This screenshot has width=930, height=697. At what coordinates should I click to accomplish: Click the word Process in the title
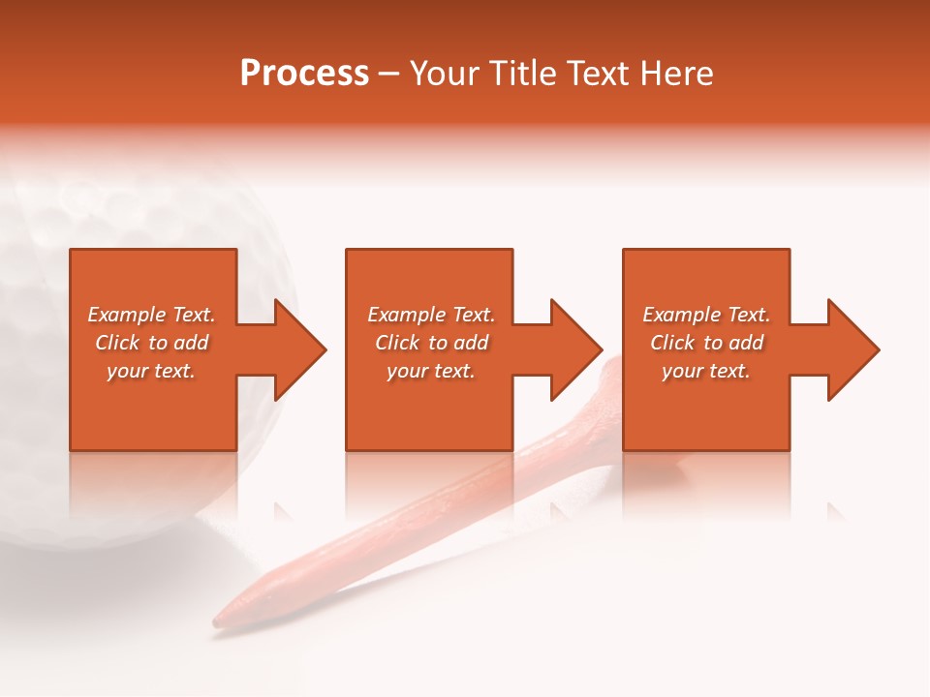[x=304, y=74]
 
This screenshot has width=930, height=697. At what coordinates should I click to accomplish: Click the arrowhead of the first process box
[x=301, y=349]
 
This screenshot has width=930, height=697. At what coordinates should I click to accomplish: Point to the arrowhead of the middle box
[x=577, y=349]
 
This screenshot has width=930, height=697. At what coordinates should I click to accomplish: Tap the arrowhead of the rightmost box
[x=854, y=349]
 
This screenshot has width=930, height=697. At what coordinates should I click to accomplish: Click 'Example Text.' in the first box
[x=151, y=315]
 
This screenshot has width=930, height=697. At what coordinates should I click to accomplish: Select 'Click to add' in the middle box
[x=431, y=343]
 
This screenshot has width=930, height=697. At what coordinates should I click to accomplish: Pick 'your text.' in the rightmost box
[x=706, y=371]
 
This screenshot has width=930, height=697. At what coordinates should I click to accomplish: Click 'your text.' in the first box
[x=151, y=371]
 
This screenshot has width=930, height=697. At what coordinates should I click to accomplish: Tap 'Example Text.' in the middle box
[x=431, y=315]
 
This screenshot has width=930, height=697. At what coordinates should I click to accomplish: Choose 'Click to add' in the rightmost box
[x=706, y=343]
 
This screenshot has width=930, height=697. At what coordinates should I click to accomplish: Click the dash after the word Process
[x=388, y=75]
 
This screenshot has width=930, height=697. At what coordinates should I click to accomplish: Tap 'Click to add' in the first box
[x=151, y=343]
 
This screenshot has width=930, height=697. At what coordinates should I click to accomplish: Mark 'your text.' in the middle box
[x=431, y=371]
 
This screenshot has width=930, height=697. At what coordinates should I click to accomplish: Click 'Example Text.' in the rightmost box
[x=706, y=315]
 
